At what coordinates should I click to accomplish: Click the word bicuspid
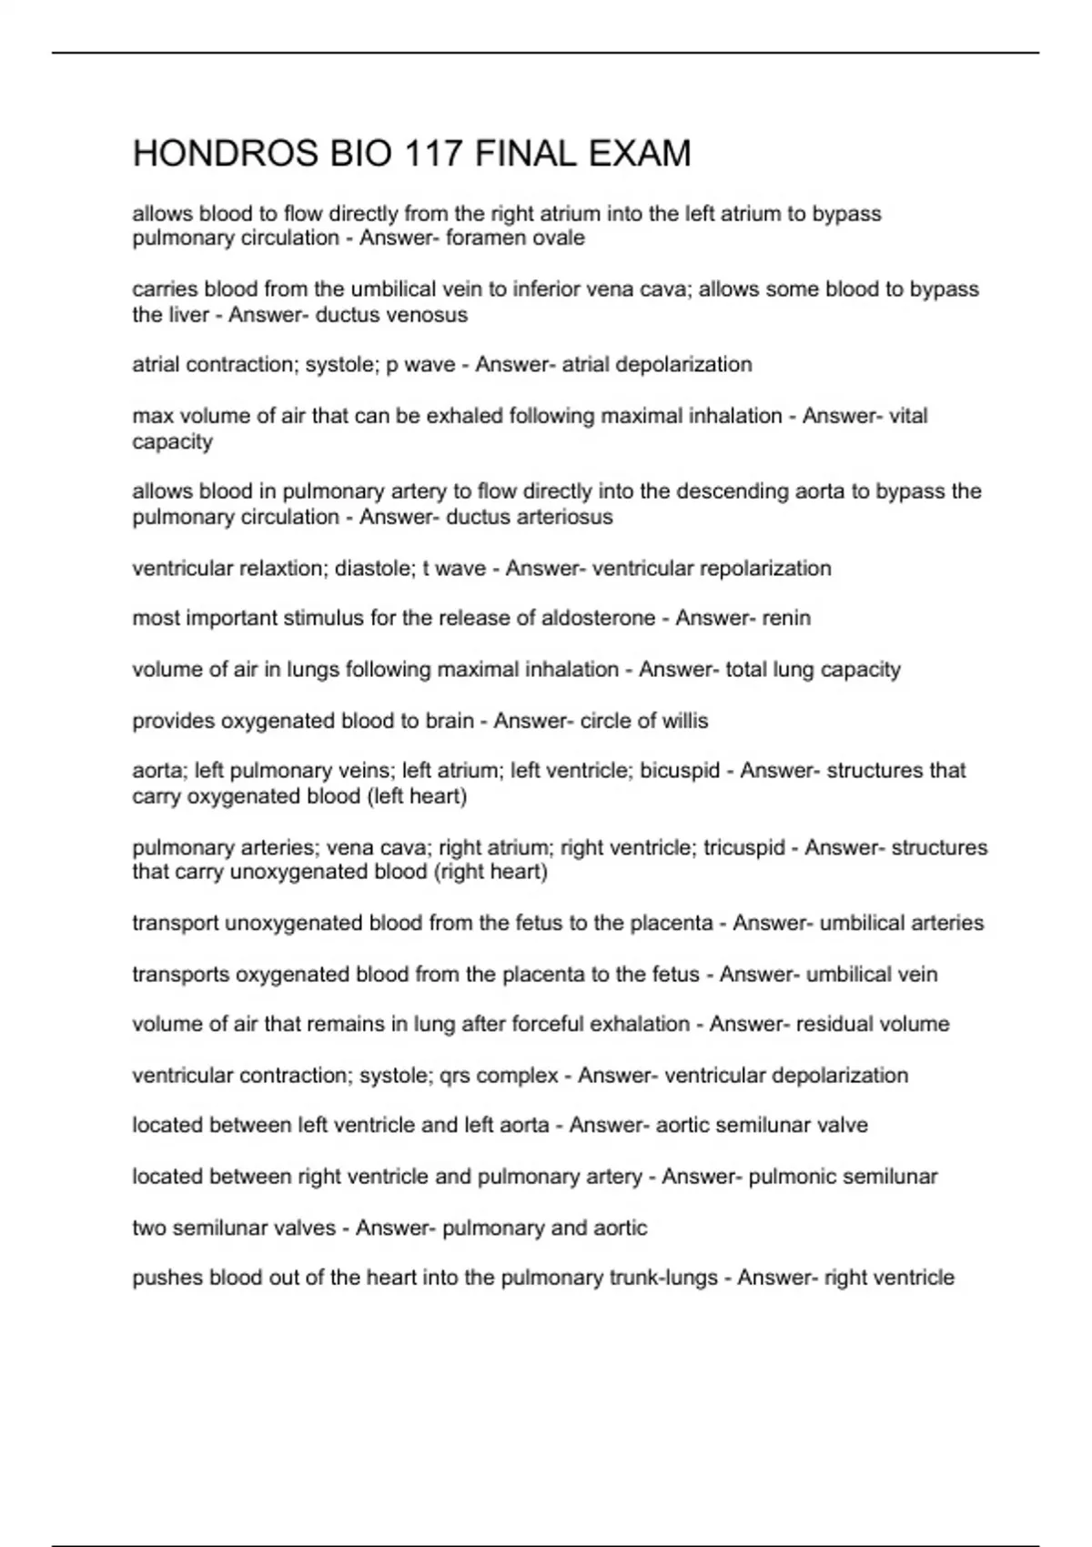680,771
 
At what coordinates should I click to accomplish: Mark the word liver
188,315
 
